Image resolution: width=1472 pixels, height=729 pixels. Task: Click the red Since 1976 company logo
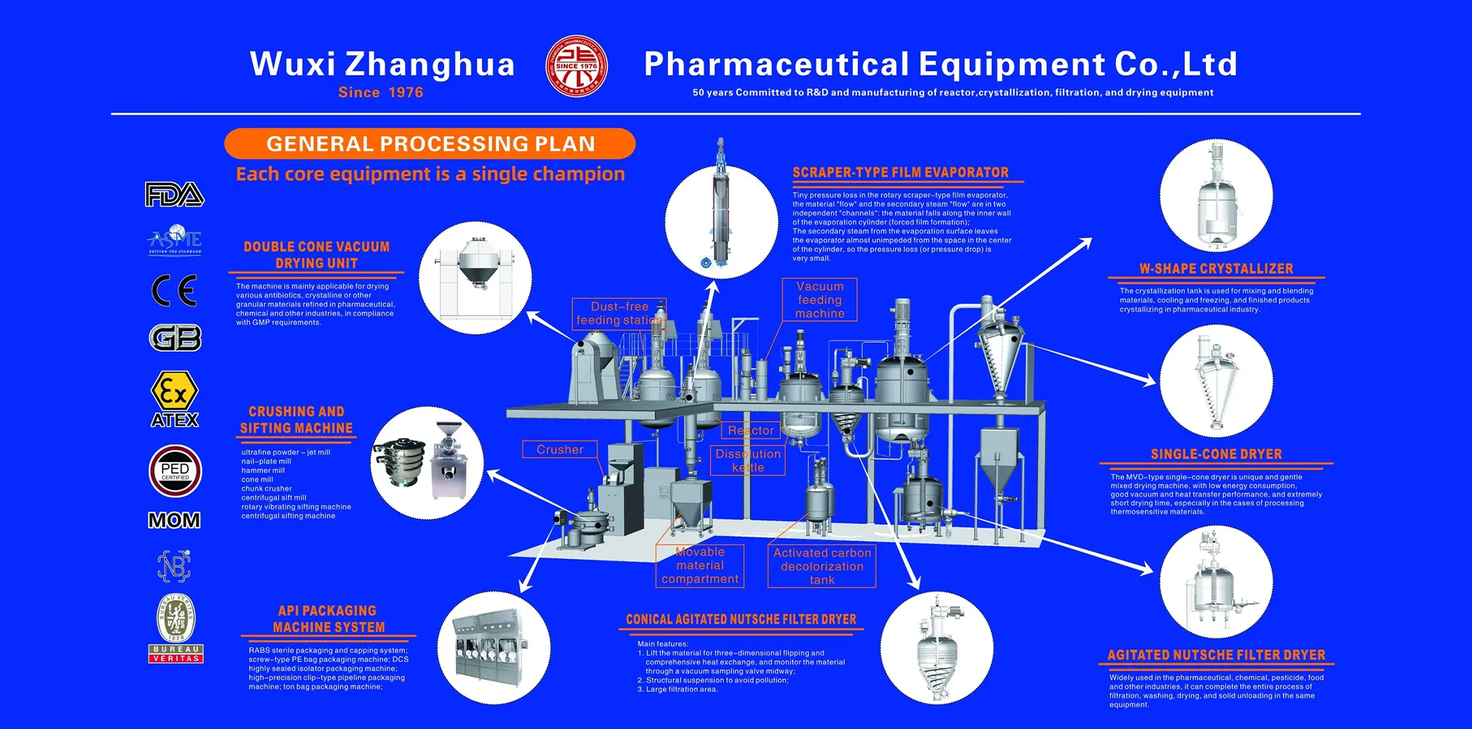pos(577,67)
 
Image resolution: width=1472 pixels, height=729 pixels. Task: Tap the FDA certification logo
pos(175,195)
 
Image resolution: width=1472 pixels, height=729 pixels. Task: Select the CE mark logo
pos(175,291)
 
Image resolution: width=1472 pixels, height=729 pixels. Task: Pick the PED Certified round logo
pos(175,470)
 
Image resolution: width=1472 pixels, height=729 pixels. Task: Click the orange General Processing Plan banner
pos(430,143)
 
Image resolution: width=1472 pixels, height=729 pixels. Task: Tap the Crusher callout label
pos(560,450)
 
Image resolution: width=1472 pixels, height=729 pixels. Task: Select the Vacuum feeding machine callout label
pos(820,299)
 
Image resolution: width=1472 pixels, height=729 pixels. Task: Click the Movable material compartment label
pos(700,566)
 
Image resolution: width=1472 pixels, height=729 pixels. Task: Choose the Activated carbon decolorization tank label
pos(822,566)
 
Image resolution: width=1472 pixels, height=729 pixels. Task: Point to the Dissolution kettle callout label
pos(748,460)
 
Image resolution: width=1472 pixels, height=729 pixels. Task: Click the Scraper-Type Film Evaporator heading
pos(901,173)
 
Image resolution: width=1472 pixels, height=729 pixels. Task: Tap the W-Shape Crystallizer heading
pos(1216,269)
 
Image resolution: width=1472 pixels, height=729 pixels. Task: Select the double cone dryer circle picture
pos(475,278)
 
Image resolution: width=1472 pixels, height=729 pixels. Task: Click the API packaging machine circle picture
pos(494,648)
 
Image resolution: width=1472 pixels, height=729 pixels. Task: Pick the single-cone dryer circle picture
pos(1216,381)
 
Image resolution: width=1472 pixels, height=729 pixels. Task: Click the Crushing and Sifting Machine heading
pos(297,420)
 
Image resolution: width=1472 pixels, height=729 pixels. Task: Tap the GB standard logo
pos(175,338)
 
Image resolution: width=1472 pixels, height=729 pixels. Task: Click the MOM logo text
pos(175,521)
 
